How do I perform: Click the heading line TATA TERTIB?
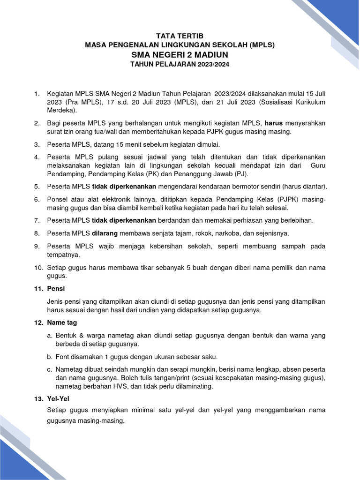(180, 36)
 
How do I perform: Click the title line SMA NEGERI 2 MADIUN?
(180, 55)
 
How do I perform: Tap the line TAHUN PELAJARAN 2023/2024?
(180, 65)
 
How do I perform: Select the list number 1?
(37, 94)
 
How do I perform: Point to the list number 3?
(37, 144)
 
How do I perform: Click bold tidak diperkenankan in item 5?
(128, 186)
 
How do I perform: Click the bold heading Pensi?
(56, 288)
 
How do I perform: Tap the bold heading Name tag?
(62, 322)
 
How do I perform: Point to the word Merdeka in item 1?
(61, 110)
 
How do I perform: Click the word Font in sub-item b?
(62, 356)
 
